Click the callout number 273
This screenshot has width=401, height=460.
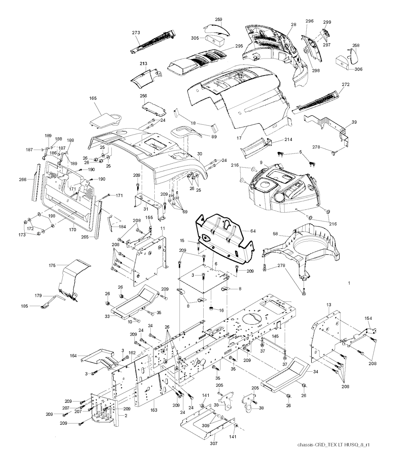coord(136,33)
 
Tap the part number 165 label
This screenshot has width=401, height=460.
coord(93,98)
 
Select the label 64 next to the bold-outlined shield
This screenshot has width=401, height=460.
coord(253,231)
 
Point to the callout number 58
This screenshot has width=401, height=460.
coord(276,234)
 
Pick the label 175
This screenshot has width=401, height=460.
coord(52,265)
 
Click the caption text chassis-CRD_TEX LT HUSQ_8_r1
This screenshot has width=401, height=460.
coord(334,445)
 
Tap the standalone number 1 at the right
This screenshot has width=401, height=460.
coord(349,283)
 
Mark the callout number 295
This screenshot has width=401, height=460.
coord(239,46)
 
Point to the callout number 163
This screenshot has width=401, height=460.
coord(154,410)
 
